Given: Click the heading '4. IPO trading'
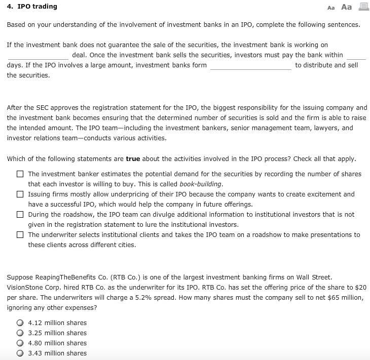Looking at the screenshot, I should [x=31, y=7].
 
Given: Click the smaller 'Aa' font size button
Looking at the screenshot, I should [x=331, y=8].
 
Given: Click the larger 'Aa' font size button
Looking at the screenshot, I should [x=346, y=7].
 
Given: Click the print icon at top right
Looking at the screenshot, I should [x=362, y=7].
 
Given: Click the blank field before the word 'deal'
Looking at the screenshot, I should [x=38, y=55].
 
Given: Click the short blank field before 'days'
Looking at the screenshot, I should [x=356, y=55].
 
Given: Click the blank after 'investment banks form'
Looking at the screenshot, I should [x=250, y=65].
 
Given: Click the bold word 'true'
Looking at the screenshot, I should [x=133, y=158].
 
